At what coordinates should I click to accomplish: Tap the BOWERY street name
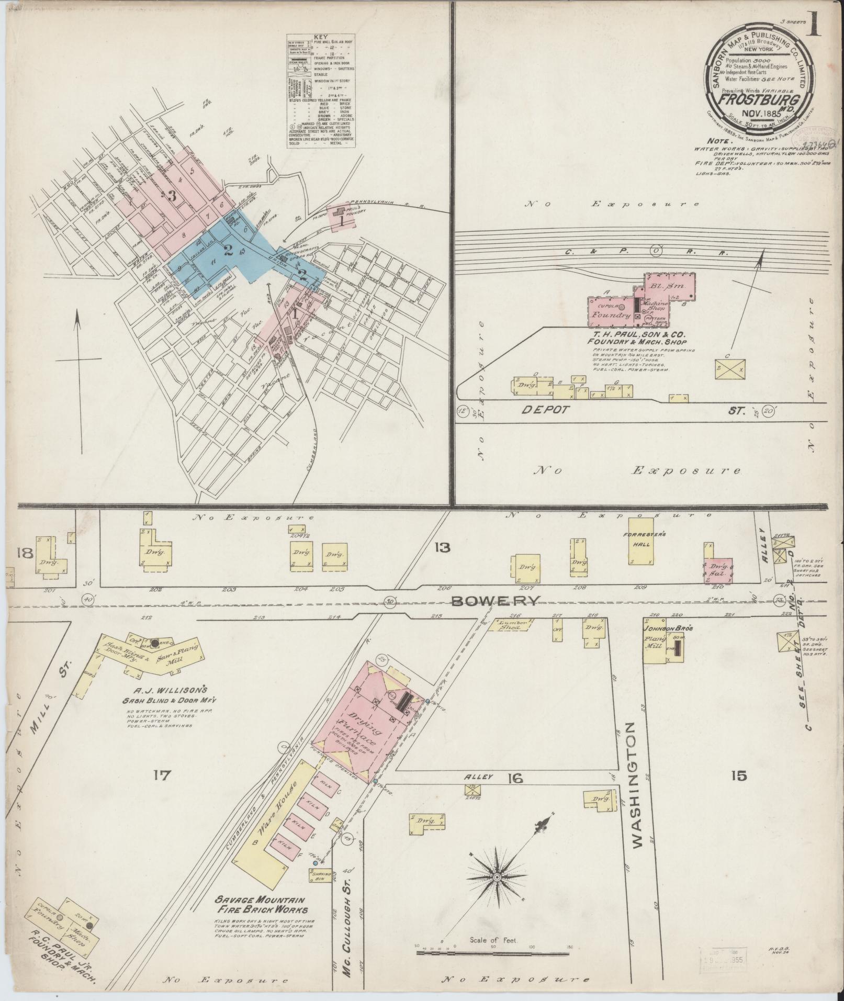point(495,602)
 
